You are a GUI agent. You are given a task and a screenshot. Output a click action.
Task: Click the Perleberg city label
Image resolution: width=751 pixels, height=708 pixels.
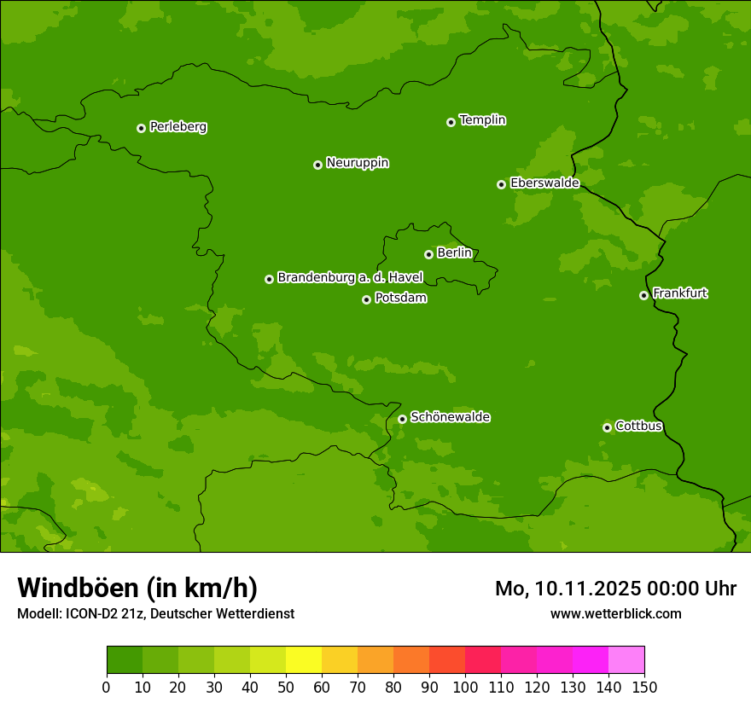178,127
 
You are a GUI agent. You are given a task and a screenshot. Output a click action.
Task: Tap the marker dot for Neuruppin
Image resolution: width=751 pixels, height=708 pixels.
317,165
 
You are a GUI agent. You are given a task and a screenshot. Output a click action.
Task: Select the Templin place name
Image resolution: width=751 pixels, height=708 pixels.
482,120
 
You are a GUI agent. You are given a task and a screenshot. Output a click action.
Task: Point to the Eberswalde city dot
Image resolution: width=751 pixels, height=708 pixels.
501,184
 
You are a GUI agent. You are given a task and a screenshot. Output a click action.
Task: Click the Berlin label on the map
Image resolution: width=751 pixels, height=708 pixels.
454,253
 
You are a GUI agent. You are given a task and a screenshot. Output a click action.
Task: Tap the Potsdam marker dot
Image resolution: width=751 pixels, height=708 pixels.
366,299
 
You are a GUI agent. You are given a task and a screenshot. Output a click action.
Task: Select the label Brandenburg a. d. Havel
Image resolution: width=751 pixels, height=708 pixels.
350,278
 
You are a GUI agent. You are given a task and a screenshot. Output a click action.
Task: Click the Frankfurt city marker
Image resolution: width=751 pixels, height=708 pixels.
643,295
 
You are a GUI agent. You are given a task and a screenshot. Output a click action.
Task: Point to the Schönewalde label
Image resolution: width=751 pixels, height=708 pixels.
450,417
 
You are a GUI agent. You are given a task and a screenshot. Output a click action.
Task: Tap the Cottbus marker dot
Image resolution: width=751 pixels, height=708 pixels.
607,427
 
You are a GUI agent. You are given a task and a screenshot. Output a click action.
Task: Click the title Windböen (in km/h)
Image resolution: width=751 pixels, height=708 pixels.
137,588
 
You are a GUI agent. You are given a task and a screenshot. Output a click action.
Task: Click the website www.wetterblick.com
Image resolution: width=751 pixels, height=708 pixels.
615,613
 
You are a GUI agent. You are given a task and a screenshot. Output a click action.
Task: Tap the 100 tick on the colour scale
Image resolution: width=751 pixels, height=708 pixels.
465,687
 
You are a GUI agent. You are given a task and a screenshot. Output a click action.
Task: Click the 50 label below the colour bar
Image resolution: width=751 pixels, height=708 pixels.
286,687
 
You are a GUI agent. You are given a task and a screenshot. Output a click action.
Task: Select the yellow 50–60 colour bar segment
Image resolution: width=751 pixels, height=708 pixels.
304,660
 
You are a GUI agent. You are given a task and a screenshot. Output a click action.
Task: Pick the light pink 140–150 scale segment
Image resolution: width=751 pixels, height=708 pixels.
626,660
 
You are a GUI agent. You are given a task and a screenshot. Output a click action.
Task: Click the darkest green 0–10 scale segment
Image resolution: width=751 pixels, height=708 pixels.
125,660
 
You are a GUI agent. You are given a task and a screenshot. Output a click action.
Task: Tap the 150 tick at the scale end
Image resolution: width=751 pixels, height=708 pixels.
644,687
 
